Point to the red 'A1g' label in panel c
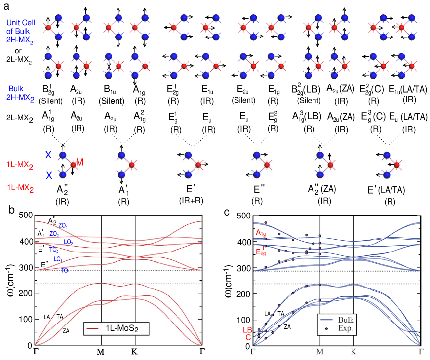point(261,232)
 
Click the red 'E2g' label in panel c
point(261,252)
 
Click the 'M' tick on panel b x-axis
point(101,352)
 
